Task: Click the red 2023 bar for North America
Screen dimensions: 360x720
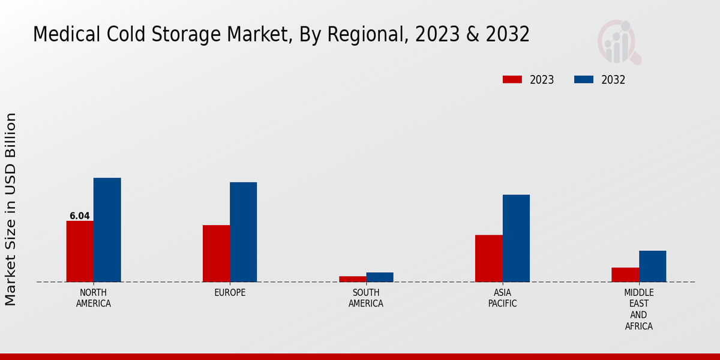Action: click(x=80, y=251)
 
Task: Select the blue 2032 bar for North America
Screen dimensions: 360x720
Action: click(x=107, y=230)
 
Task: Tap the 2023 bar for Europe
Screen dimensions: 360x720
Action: click(x=216, y=253)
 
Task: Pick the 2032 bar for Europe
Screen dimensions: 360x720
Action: click(x=243, y=232)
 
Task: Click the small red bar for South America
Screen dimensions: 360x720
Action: click(x=352, y=279)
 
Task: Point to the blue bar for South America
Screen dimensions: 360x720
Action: click(x=380, y=277)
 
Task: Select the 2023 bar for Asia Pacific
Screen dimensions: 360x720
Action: click(x=488, y=258)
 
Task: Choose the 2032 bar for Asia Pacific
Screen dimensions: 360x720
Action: click(x=516, y=238)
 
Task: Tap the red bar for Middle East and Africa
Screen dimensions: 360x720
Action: click(x=625, y=275)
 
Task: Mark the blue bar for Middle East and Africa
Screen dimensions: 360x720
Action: click(x=652, y=266)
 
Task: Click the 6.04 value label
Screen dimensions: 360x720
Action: click(x=80, y=216)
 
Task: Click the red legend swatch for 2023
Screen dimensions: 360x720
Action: click(x=512, y=80)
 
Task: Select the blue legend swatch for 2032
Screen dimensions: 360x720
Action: click(x=584, y=80)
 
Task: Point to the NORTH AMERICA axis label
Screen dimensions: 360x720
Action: click(x=94, y=298)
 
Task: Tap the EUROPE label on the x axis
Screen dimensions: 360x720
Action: click(x=230, y=293)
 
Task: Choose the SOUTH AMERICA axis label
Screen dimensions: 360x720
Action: click(x=366, y=298)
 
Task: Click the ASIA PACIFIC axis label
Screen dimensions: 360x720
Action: click(x=502, y=298)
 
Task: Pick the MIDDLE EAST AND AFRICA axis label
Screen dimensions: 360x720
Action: click(x=638, y=310)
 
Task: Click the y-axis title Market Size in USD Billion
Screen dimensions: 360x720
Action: click(x=11, y=209)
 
